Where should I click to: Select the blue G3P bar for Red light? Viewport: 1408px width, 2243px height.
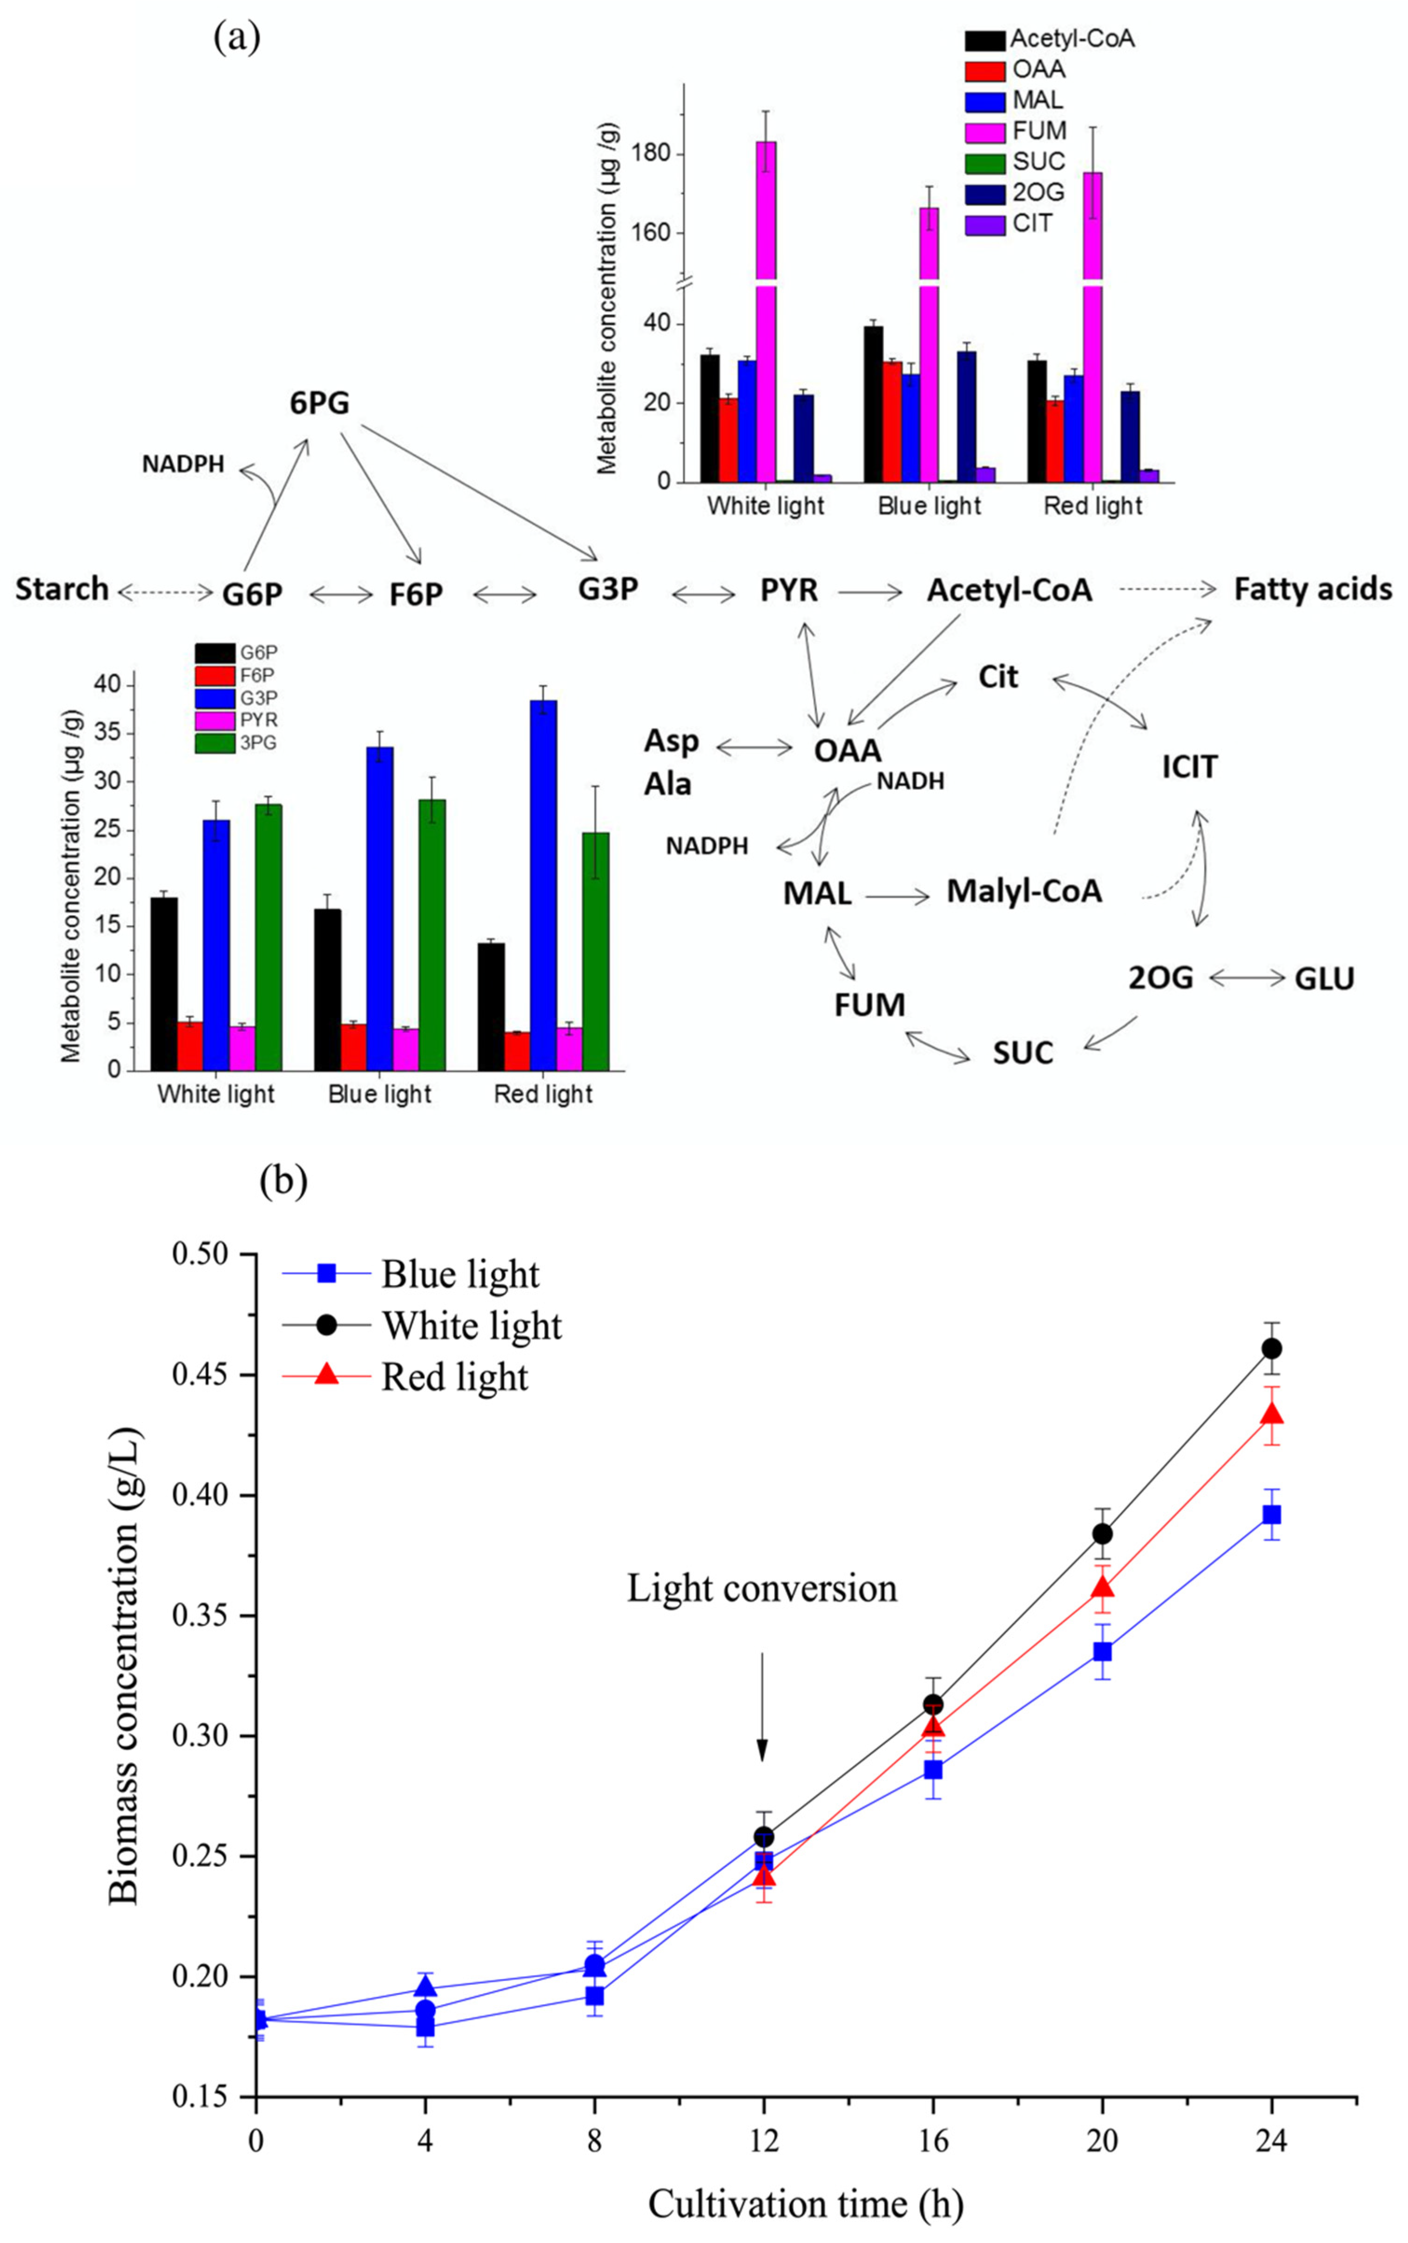[543, 884]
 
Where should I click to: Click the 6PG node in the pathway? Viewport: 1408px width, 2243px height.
[319, 403]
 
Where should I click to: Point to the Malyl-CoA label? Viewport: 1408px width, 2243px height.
[1024, 891]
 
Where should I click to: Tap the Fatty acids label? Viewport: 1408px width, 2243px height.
[1313, 589]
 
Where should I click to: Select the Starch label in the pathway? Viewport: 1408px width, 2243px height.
[61, 589]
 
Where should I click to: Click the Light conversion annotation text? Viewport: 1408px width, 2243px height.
[762, 1589]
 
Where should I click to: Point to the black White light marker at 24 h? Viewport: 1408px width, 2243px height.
[1271, 1348]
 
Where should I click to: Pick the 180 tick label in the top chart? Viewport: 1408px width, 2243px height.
[651, 154]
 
